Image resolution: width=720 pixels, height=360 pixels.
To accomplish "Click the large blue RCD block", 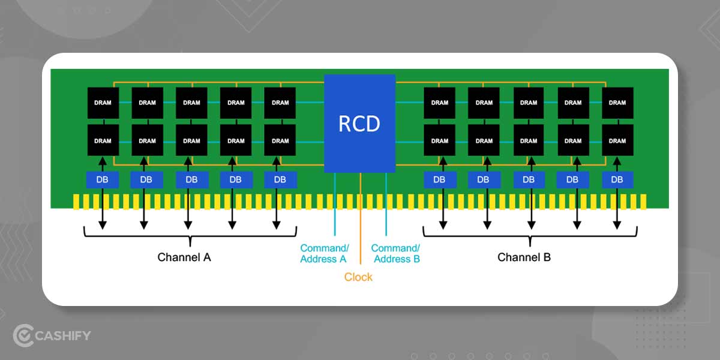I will (359, 124).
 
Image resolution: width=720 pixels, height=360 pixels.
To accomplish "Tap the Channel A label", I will (184, 257).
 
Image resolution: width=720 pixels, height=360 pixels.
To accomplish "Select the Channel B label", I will (524, 257).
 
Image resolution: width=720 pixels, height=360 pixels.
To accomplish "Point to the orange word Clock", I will (358, 277).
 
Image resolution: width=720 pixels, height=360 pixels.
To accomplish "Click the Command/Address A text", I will (324, 253).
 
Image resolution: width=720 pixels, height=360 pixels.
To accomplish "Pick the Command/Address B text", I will (395, 253).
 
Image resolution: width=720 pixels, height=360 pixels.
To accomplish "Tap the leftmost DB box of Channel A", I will (103, 179).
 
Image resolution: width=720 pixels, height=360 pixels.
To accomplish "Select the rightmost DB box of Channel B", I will (617, 179).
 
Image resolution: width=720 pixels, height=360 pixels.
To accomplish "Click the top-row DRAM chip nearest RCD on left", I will (280, 103).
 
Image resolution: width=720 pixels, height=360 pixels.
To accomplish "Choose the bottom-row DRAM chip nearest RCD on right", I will (440, 140).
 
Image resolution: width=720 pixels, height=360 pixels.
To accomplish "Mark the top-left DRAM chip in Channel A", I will (103, 103).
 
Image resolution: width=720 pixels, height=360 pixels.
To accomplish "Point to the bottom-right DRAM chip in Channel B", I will (617, 140).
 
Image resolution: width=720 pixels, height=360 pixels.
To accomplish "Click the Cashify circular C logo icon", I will (23, 335).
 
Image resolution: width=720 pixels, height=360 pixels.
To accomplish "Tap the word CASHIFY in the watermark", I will (63, 335).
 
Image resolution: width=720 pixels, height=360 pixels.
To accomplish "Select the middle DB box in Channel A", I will (191, 179).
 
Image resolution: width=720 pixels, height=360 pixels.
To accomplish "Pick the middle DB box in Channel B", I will (529, 179).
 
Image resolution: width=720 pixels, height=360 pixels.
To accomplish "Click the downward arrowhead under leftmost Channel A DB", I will (103, 225).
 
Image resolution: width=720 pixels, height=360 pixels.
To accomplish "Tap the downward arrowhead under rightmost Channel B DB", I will (617, 225).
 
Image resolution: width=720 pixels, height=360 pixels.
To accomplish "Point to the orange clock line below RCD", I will (360, 216).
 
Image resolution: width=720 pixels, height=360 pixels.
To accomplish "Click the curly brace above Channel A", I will (190, 235).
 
